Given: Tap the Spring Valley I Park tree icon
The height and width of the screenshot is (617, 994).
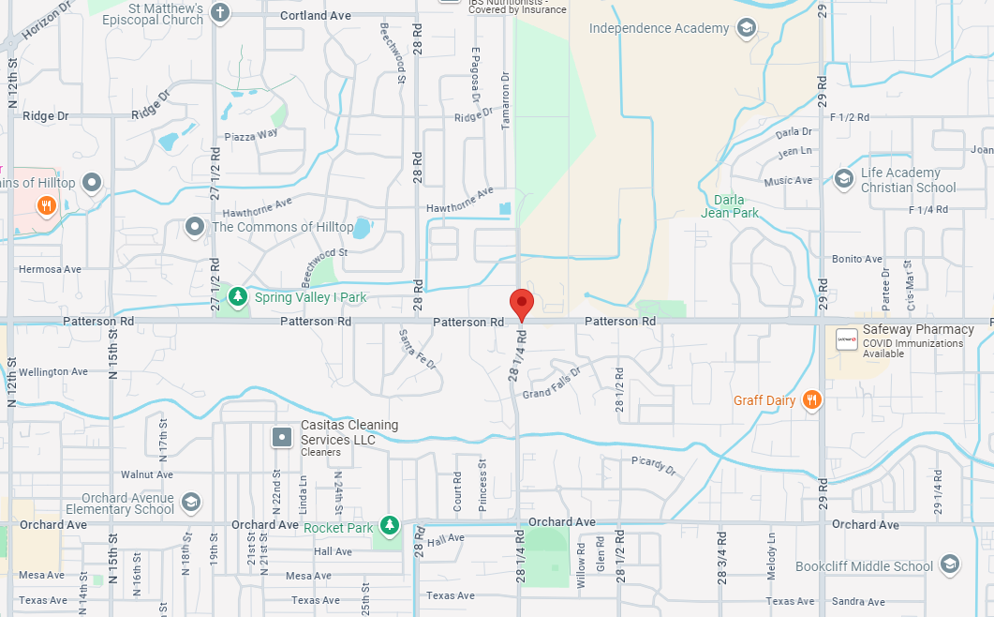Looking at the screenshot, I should click(239, 297).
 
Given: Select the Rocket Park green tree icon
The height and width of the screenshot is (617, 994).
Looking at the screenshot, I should click(389, 527).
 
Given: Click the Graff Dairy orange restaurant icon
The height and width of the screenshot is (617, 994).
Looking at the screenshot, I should click(812, 400).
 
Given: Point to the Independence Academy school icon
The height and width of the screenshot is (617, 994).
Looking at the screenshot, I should click(746, 28).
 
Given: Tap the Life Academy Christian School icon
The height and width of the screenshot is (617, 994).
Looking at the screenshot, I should click(843, 177).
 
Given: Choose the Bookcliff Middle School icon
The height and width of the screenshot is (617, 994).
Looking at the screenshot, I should click(949, 565).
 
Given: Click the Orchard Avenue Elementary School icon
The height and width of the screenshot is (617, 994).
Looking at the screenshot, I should click(191, 502).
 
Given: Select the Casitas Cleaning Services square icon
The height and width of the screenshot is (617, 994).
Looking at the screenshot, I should click(281, 436).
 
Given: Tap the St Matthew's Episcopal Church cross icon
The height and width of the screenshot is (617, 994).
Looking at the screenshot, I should click(219, 12).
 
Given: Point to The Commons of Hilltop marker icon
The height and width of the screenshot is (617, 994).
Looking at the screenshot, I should click(195, 227).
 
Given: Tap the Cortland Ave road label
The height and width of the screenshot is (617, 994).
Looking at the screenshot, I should click(315, 16).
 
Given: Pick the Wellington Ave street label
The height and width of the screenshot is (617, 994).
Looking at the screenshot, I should click(53, 372).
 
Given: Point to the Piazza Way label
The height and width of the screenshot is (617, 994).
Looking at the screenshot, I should click(251, 136).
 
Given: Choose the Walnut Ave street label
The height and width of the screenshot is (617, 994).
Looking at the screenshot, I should click(147, 474).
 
